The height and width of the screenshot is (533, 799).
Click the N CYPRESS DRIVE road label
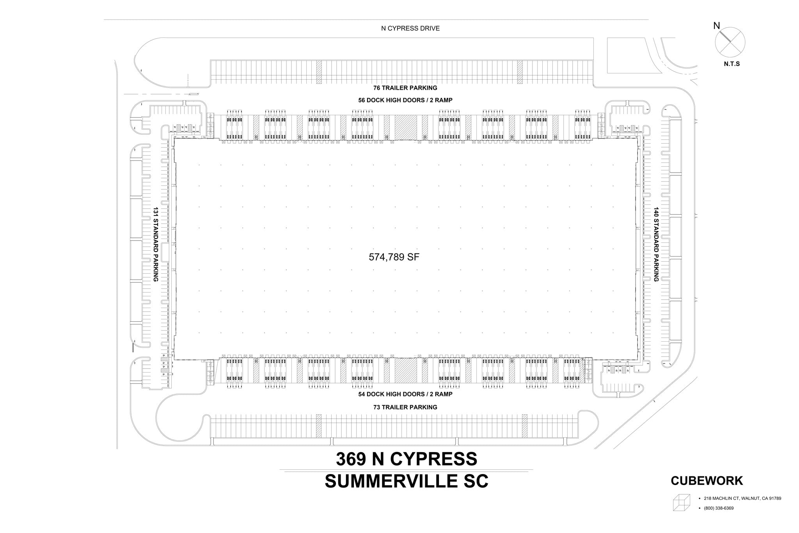coord(410,29)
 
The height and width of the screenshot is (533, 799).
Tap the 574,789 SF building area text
coord(394,257)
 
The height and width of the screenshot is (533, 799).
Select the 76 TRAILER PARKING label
coord(405,88)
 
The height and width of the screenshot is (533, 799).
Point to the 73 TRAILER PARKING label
coord(405,407)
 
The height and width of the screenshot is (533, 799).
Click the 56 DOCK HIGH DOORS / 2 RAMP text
coord(405,100)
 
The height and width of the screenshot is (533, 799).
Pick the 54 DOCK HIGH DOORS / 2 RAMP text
coord(405,394)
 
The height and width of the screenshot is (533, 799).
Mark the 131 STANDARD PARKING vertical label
coord(156,244)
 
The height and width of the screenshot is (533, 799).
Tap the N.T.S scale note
coord(732,64)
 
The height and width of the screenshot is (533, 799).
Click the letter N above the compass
coord(716,26)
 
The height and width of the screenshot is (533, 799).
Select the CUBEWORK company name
coord(707,481)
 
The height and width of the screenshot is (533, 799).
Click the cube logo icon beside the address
coord(681,502)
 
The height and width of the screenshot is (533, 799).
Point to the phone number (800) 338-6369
coord(719,508)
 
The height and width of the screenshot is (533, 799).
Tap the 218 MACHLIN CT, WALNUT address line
coord(742,498)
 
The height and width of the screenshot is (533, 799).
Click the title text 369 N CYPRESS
coord(406,459)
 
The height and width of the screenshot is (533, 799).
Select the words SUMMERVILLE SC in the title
coord(406,481)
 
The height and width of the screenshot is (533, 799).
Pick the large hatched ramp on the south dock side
coord(406,371)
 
